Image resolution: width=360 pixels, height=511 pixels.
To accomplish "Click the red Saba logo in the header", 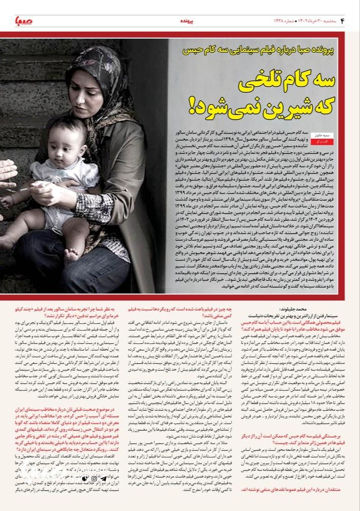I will tap(21, 21).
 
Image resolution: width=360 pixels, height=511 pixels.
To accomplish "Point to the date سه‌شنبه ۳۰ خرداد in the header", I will tap(322, 20).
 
